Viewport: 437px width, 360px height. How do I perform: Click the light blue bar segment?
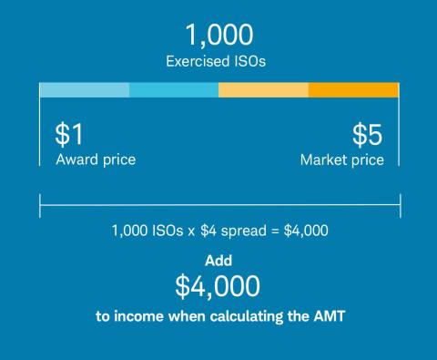(x=84, y=90)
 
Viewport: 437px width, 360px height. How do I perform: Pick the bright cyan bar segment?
(x=174, y=90)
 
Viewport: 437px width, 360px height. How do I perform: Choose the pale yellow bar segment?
(x=263, y=90)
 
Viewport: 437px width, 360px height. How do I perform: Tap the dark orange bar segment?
(x=353, y=90)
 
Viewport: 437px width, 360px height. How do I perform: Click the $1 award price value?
(x=69, y=135)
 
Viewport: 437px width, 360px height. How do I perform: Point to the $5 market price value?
(x=368, y=135)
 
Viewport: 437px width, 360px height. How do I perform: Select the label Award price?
(x=96, y=159)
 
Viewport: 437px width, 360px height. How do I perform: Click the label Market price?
(x=342, y=159)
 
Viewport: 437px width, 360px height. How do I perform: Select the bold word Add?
(x=218, y=260)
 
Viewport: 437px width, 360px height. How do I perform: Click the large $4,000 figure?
(x=218, y=285)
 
